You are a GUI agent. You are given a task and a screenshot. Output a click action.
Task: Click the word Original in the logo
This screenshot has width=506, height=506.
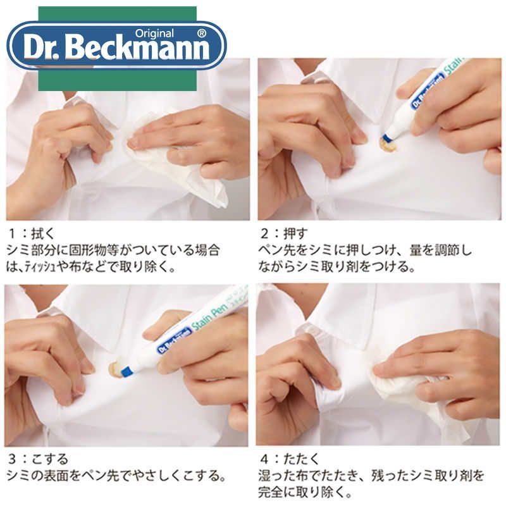click(x=154, y=34)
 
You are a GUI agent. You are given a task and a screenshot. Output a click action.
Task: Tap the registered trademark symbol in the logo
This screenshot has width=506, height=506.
click(x=201, y=34)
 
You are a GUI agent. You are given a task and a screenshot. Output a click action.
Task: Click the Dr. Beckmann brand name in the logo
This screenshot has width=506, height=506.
click(x=116, y=49)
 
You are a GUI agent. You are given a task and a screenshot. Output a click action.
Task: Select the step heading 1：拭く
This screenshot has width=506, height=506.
click(x=32, y=233)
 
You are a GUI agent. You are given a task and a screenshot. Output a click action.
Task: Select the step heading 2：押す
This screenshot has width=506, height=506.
click(x=284, y=233)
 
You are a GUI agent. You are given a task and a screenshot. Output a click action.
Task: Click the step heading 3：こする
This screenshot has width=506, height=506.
click(x=38, y=459)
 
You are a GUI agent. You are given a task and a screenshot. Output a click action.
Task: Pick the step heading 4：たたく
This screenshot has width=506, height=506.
click(x=290, y=459)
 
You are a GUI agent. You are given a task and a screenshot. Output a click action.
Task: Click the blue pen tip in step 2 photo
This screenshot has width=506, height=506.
click(x=386, y=138)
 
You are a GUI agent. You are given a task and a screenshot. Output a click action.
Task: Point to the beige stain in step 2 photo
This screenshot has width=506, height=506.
click(x=388, y=145)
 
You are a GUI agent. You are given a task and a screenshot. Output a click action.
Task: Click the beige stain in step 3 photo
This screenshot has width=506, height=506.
click(x=115, y=367)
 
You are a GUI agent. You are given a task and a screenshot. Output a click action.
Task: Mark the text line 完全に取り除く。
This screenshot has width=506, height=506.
click(x=305, y=492)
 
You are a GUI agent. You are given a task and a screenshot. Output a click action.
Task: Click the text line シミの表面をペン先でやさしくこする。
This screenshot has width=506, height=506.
click(x=116, y=476)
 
